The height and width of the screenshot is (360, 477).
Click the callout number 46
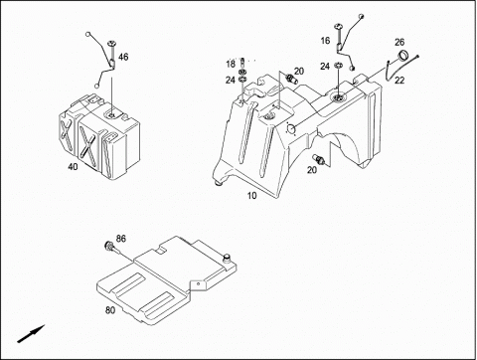[123, 57]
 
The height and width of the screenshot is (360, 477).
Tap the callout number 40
[73, 166]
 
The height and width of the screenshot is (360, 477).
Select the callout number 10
[251, 196]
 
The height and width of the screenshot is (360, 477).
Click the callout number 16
[325, 41]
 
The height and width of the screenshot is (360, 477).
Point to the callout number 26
[399, 42]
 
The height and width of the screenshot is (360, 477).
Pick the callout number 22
[399, 81]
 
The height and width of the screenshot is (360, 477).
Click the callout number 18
[231, 64]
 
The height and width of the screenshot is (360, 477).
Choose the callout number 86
[121, 239]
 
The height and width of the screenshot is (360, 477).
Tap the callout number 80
[110, 310]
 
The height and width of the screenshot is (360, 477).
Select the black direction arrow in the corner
[31, 334]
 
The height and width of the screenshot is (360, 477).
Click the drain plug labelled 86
[109, 247]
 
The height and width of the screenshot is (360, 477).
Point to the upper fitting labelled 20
[291, 80]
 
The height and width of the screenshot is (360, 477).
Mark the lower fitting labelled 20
[319, 159]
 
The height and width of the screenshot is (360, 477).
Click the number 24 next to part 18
[231, 80]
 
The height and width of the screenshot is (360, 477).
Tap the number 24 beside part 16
[325, 67]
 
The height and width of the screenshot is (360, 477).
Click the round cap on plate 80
[227, 257]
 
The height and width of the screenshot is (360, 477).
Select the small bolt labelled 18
[241, 62]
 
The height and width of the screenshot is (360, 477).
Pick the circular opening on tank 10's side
[291, 129]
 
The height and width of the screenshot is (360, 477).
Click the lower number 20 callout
[312, 170]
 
